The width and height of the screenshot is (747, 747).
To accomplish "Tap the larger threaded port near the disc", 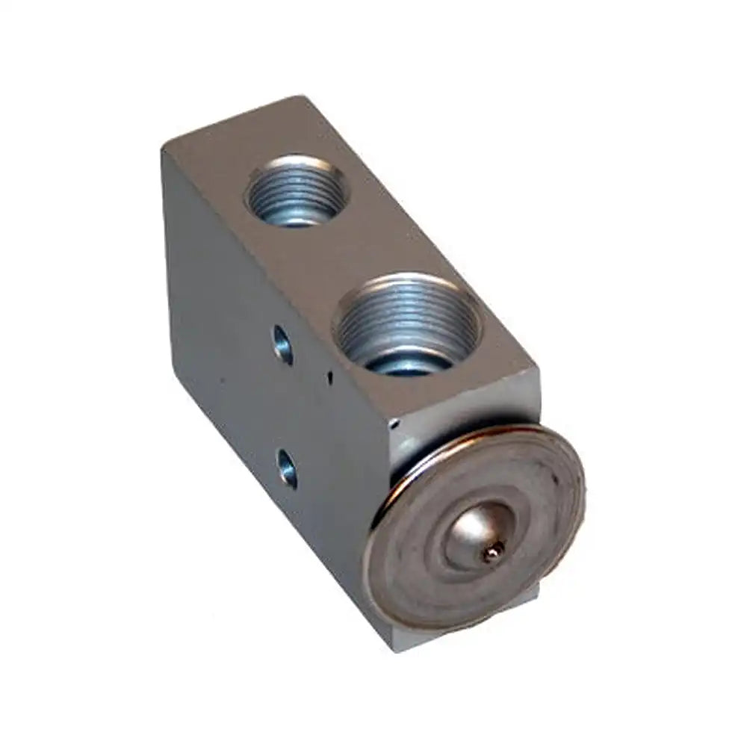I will click(x=407, y=323).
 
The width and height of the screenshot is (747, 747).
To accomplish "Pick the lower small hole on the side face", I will click(x=286, y=467).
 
